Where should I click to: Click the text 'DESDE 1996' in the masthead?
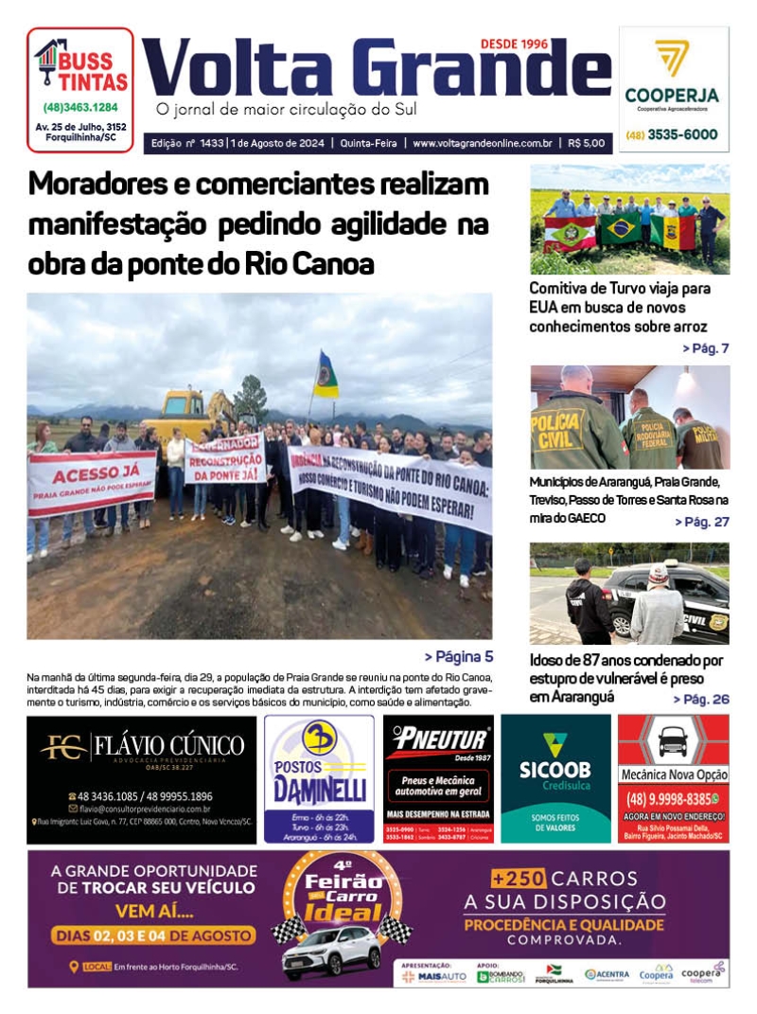[x=515, y=44]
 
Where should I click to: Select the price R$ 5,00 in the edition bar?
[x=588, y=143]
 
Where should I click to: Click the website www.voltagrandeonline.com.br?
[x=483, y=143]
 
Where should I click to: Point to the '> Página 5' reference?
[x=458, y=656]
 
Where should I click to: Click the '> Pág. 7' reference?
[x=705, y=348]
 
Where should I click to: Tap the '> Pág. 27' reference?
[x=701, y=522]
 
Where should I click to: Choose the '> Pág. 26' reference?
[x=701, y=699]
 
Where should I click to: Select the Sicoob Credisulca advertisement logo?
[x=555, y=757]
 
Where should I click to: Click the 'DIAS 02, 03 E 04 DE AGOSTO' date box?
[x=154, y=935]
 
